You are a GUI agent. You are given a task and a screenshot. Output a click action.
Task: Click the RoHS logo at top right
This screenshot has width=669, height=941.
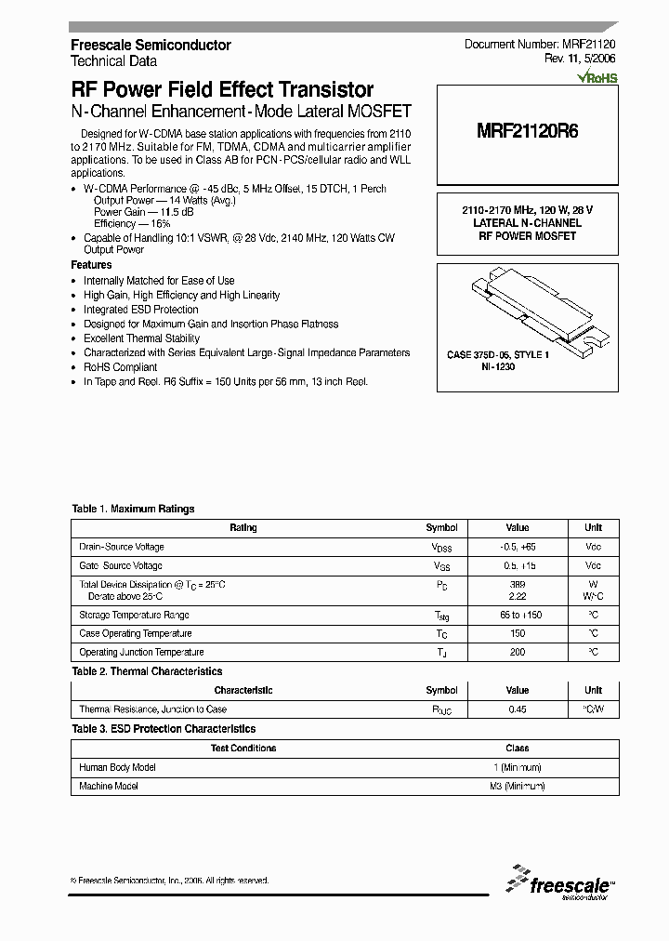597,78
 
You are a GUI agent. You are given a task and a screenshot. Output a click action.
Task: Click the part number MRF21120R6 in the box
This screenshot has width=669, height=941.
527,131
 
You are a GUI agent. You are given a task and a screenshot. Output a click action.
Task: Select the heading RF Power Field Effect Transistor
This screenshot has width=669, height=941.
222,90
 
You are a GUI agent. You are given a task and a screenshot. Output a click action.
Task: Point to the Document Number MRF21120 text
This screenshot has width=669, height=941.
539,45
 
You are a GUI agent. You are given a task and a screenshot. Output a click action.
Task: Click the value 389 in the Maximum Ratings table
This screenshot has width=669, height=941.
518,584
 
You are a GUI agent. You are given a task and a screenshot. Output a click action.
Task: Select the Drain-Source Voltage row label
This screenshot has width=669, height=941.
122,547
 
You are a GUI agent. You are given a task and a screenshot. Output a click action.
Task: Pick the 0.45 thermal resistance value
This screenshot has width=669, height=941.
518,709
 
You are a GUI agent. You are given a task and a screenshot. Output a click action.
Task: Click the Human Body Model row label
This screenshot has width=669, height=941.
117,767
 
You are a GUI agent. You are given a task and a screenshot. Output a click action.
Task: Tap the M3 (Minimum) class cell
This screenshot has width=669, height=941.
518,786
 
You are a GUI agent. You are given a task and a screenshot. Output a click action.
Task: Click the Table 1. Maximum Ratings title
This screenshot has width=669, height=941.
133,509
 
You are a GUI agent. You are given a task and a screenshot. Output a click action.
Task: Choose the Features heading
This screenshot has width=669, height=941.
91,265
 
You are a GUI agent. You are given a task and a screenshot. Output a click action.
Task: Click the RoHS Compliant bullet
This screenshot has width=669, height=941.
120,367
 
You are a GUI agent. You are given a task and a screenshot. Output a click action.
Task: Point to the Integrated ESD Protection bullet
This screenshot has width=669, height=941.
140,310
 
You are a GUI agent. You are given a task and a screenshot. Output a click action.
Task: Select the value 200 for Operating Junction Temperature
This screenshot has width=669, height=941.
518,652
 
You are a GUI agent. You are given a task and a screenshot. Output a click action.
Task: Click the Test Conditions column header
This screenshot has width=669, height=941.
243,748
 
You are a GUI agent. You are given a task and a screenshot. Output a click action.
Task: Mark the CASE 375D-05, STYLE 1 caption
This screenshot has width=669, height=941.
498,355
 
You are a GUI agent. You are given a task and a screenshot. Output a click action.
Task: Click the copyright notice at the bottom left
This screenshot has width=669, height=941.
170,880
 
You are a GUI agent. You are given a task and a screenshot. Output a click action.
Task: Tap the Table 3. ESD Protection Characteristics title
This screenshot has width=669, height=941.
164,729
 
